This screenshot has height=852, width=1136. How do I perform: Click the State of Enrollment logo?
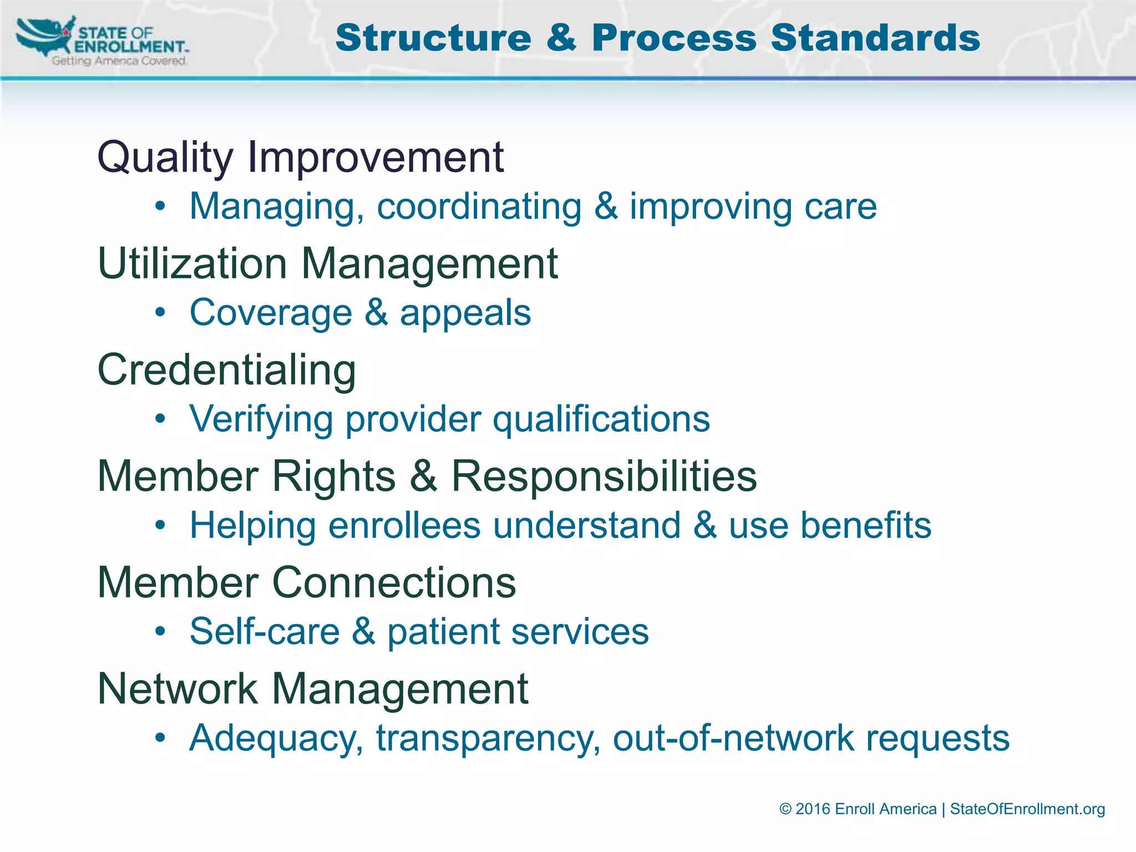103,42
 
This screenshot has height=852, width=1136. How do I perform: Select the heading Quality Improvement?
300,157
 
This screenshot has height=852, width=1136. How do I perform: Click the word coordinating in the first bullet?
479,207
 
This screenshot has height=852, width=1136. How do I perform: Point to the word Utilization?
192,263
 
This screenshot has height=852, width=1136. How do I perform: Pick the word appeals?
465,313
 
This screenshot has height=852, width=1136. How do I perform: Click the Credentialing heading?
226,370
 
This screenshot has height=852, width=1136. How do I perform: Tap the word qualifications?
601,419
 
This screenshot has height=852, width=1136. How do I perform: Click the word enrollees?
404,525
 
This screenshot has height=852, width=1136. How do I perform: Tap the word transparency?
488,739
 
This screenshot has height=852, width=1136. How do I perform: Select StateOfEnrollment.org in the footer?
1027,809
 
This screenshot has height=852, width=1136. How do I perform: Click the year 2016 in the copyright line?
813,809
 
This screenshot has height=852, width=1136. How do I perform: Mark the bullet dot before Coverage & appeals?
160,313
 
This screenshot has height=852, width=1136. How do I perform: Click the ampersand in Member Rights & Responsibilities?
424,476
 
